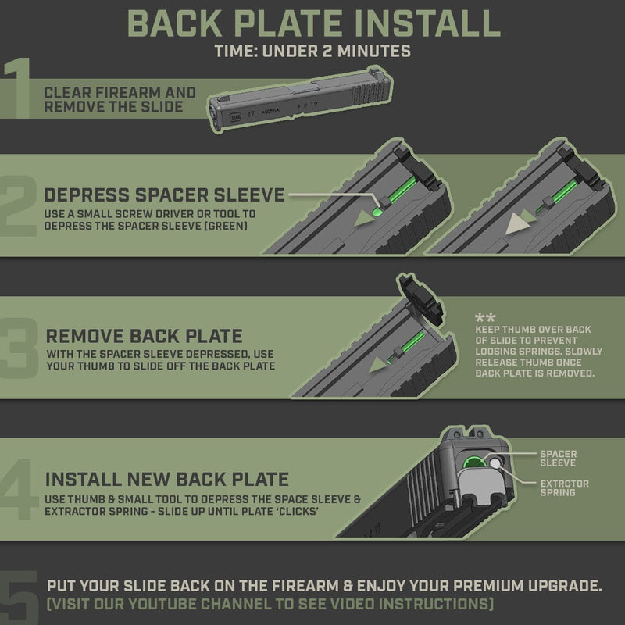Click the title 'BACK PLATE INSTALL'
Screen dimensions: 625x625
(312, 23)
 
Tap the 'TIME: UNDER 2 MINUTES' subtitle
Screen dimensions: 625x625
(312, 52)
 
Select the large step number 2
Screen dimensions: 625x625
(21, 205)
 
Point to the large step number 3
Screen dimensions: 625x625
(21, 348)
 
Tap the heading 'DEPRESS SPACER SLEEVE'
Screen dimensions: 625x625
(164, 195)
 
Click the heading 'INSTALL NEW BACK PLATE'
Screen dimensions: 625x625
(167, 479)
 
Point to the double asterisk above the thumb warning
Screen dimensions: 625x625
(484, 319)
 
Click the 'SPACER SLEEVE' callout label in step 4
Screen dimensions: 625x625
(559, 459)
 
